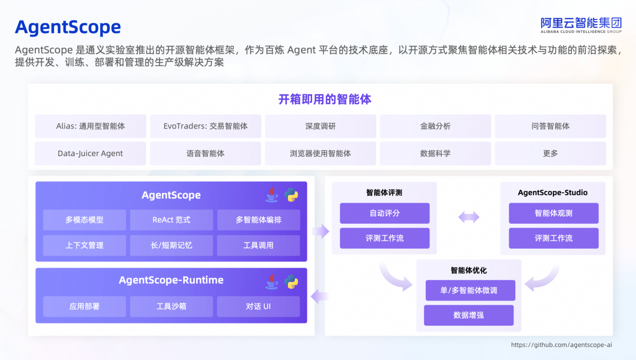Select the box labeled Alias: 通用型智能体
click(x=91, y=126)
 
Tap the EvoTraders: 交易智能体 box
click(x=206, y=126)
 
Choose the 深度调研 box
click(x=320, y=126)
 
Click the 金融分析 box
click(x=435, y=126)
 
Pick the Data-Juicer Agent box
click(x=91, y=153)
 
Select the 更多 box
click(x=550, y=153)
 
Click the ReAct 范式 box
click(x=171, y=220)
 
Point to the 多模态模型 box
click(x=84, y=220)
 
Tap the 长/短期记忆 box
click(x=171, y=245)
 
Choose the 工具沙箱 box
click(x=171, y=306)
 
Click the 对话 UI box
click(x=259, y=306)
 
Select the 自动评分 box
click(x=385, y=213)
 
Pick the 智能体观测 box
click(x=554, y=213)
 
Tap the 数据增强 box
click(x=469, y=315)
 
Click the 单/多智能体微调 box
click(x=470, y=290)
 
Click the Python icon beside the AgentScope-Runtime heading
click(x=291, y=281)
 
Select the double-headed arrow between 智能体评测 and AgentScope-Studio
click(x=469, y=217)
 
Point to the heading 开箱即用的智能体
click(x=325, y=99)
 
